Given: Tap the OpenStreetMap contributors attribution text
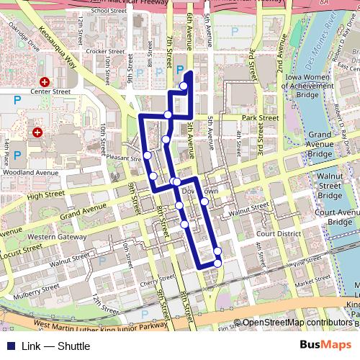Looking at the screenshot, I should coord(297,323).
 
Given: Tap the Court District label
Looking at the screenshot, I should coord(276,234).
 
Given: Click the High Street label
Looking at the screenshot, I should coord(46,195).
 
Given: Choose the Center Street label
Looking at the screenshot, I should coord(50,91).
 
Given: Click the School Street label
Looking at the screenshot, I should coord(109,11).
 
